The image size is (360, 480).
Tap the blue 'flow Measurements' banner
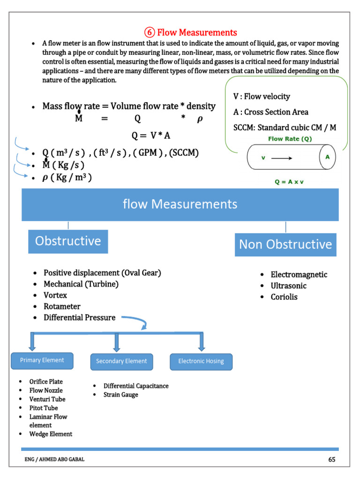pos(180,204)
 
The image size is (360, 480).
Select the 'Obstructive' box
pos(68,241)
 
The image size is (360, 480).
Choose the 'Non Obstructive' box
pos(285,244)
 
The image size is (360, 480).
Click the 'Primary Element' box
pos(42,360)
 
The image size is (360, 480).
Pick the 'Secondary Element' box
pos(121,361)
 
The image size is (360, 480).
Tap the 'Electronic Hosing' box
pos(201,361)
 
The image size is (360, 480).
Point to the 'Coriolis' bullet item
pos(284,297)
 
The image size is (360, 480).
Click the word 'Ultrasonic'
pos(288,286)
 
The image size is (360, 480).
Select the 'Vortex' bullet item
pos(55,295)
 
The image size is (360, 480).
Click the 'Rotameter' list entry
pos(62,307)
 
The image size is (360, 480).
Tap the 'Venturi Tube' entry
pos(47,399)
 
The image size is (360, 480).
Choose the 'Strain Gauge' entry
pos(121,395)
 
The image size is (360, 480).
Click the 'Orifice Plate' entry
pos(46,382)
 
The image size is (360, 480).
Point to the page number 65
pos(332,459)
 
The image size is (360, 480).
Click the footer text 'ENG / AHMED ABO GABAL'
pos(54,460)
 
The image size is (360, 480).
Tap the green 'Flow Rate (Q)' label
pos(290,139)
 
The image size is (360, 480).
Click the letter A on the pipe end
pos(327,157)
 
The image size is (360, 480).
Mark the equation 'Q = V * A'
pos(151,135)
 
